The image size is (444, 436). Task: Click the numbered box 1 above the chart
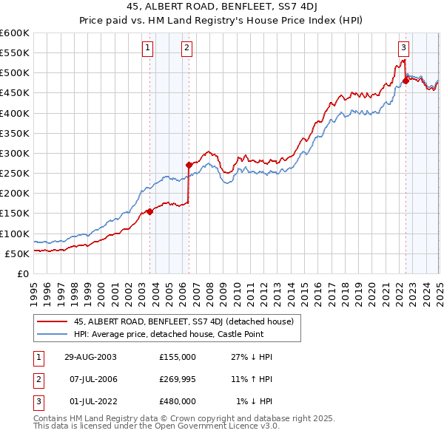(x=148, y=49)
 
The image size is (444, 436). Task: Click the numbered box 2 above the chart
(x=186, y=49)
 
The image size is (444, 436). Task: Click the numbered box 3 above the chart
(x=403, y=49)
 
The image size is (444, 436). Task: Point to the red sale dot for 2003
(x=150, y=211)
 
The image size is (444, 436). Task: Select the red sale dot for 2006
(x=189, y=165)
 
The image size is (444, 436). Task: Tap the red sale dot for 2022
(x=406, y=81)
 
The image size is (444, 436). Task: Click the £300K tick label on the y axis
(x=15, y=153)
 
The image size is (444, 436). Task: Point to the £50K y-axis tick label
(x=18, y=253)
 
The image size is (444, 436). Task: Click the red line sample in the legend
(x=52, y=321)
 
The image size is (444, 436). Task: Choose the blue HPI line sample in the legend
(x=52, y=335)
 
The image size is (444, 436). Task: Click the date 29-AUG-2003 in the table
(x=90, y=357)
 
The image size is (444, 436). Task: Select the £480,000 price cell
(x=178, y=401)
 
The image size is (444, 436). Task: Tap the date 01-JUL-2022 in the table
(x=90, y=401)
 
